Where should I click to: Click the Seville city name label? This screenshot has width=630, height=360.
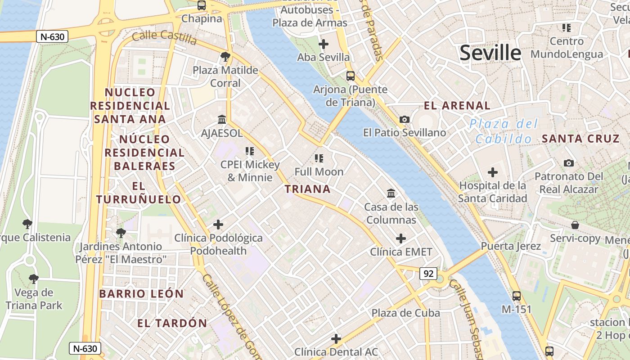490,53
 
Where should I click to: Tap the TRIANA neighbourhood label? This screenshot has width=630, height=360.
308,189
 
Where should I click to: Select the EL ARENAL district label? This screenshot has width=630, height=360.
457,106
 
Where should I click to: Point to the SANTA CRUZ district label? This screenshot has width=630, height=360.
580,139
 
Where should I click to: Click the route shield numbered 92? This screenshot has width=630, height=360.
428,273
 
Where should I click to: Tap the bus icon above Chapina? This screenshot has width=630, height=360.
202,5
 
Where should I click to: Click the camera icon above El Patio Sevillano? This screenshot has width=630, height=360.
405,119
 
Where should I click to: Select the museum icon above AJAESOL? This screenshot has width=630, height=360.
222,120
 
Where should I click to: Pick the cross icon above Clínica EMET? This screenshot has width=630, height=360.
401,238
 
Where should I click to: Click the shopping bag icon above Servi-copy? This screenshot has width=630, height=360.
575,225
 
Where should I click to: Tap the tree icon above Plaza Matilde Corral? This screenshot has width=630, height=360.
225,57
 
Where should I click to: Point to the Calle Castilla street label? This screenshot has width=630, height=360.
164,37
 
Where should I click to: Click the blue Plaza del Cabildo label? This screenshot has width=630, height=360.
504,131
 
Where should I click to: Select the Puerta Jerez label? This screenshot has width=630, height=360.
510,246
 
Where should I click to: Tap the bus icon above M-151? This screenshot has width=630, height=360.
517,296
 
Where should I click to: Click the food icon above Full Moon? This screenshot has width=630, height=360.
319,158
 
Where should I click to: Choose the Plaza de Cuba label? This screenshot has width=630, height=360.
405,313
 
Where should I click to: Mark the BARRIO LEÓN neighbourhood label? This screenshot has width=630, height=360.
141,294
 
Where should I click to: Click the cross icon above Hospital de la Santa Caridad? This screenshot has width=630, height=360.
493,172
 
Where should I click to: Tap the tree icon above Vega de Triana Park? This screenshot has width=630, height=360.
33,279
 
